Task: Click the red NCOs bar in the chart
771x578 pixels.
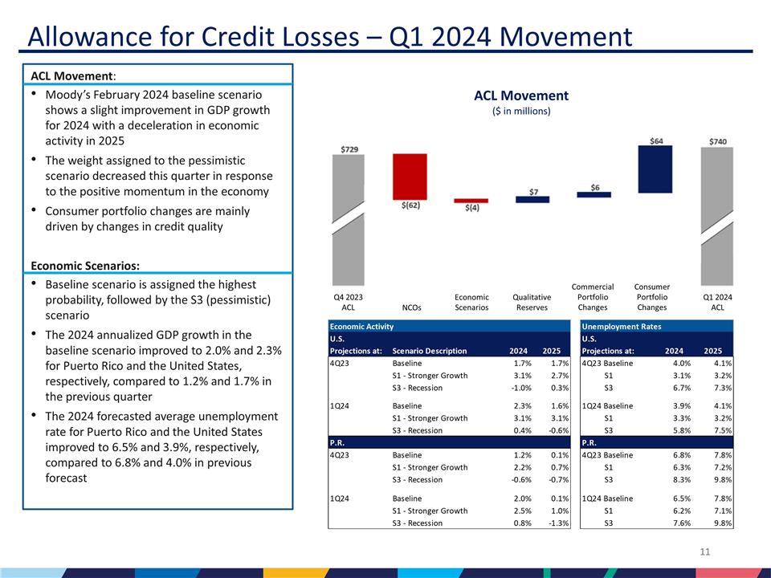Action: point(410,176)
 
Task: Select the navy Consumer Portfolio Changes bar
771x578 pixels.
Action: point(655,169)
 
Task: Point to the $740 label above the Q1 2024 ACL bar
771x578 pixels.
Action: point(718,141)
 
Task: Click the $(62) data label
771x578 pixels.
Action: point(410,206)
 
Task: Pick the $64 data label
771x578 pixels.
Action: point(656,140)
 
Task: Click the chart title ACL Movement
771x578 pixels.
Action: point(521,96)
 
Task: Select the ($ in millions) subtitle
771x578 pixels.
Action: point(521,112)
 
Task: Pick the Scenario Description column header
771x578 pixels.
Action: point(429,350)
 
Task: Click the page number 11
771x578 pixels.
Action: point(706,552)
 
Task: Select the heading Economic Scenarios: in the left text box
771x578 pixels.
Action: point(79,265)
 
